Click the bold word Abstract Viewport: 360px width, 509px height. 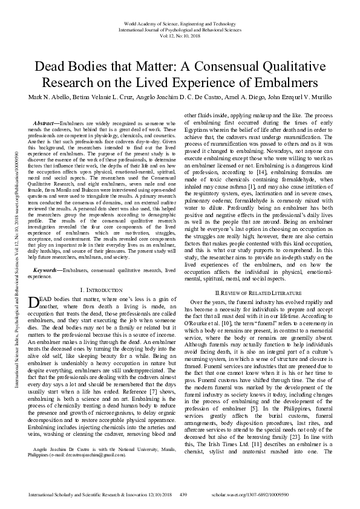[51, 123]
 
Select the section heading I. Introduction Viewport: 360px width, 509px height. [101, 291]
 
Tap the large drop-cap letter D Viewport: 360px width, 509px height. [33, 303]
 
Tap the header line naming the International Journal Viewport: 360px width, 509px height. [180, 28]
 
